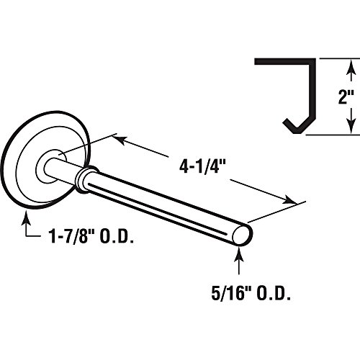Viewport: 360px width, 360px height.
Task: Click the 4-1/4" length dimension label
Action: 203,167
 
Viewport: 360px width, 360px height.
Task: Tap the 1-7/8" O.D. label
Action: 91,236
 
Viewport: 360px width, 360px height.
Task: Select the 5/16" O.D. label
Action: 251,294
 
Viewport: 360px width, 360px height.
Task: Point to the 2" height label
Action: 346,96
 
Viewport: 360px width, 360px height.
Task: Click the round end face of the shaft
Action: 242,234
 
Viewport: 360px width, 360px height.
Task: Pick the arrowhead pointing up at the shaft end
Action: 238,253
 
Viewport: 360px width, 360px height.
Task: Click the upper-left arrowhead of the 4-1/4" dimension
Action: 119,140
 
